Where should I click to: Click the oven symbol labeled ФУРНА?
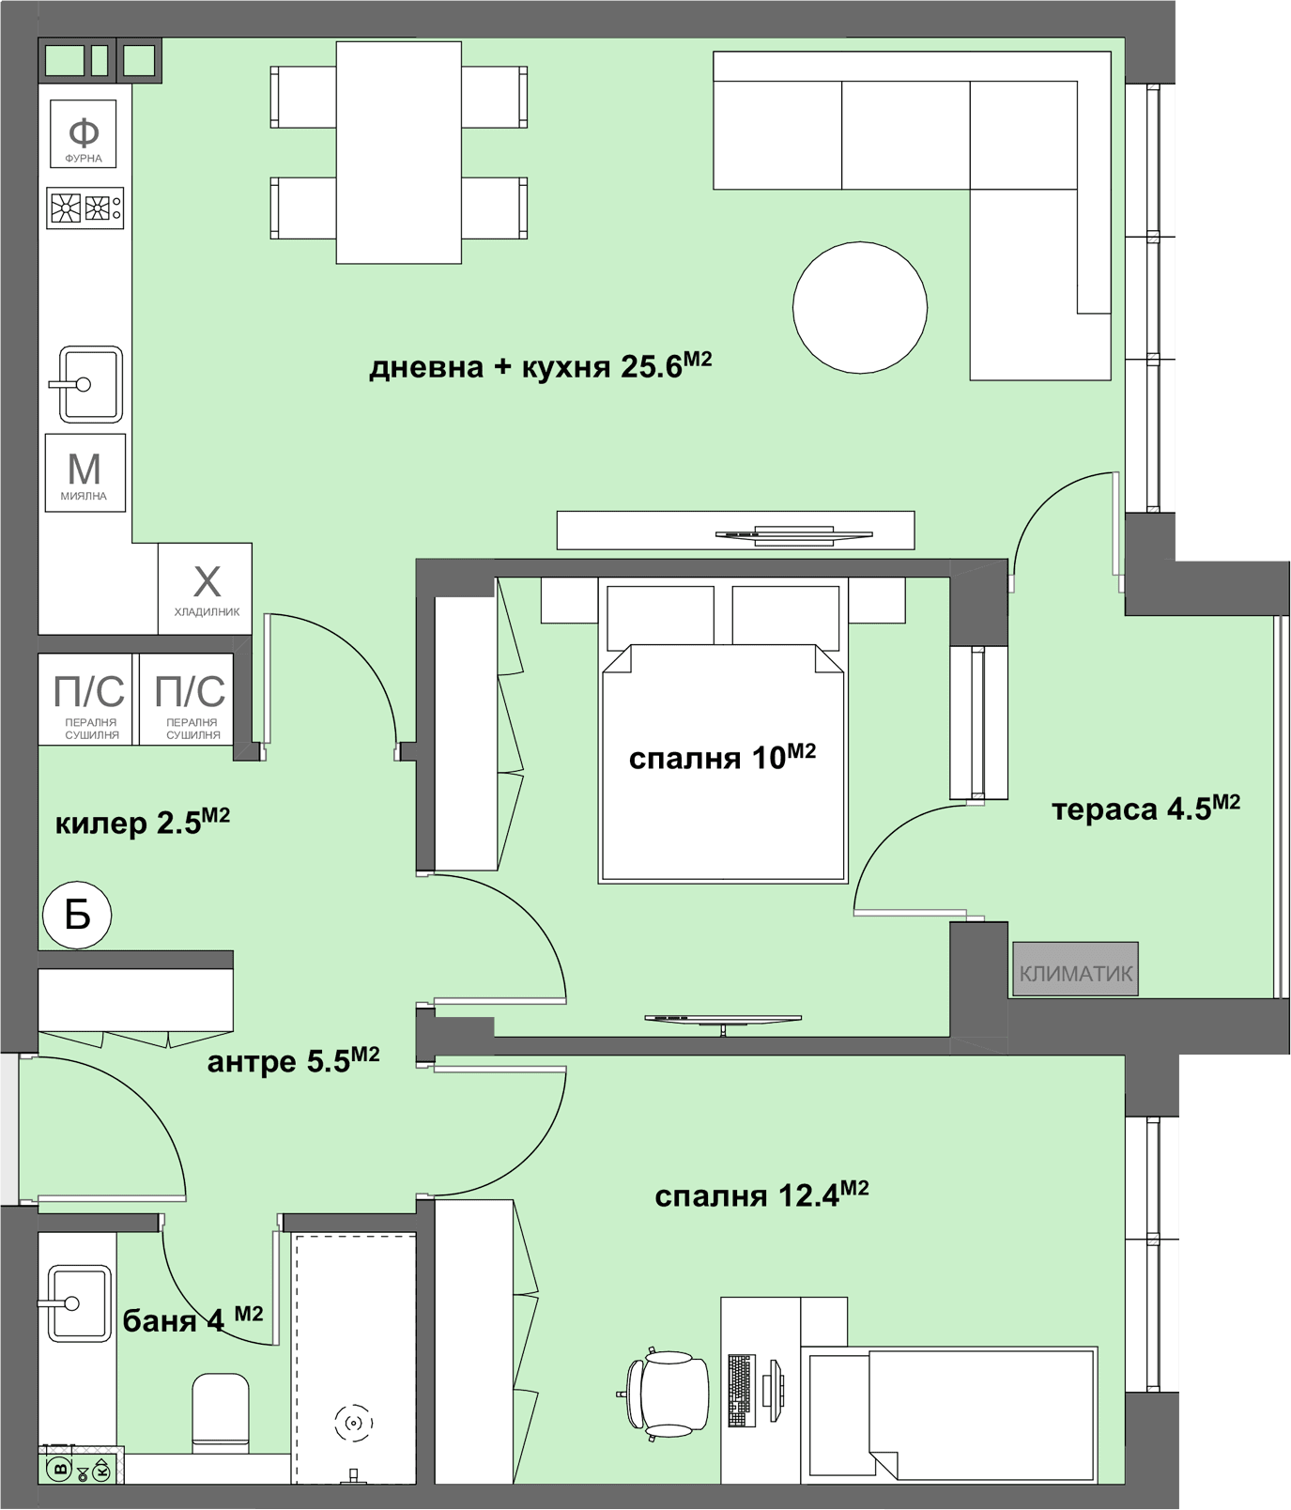[84, 133]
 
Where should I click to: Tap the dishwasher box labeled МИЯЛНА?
[85, 472]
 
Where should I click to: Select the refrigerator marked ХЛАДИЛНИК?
[206, 589]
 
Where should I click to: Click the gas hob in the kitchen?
[85, 208]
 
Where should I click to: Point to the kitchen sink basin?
[90, 384]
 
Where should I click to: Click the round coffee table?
[860, 308]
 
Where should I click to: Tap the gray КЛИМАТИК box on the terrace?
[1075, 969]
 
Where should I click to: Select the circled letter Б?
[77, 914]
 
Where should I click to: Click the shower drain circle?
[354, 1424]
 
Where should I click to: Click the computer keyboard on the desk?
[742, 1390]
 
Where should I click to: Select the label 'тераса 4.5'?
[1145, 808]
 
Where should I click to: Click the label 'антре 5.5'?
[293, 1060]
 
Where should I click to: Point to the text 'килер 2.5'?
[142, 822]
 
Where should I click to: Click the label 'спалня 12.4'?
[761, 1194]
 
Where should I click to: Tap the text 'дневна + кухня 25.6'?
[541, 365]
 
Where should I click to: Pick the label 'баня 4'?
[192, 1319]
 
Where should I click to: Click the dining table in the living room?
[399, 152]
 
